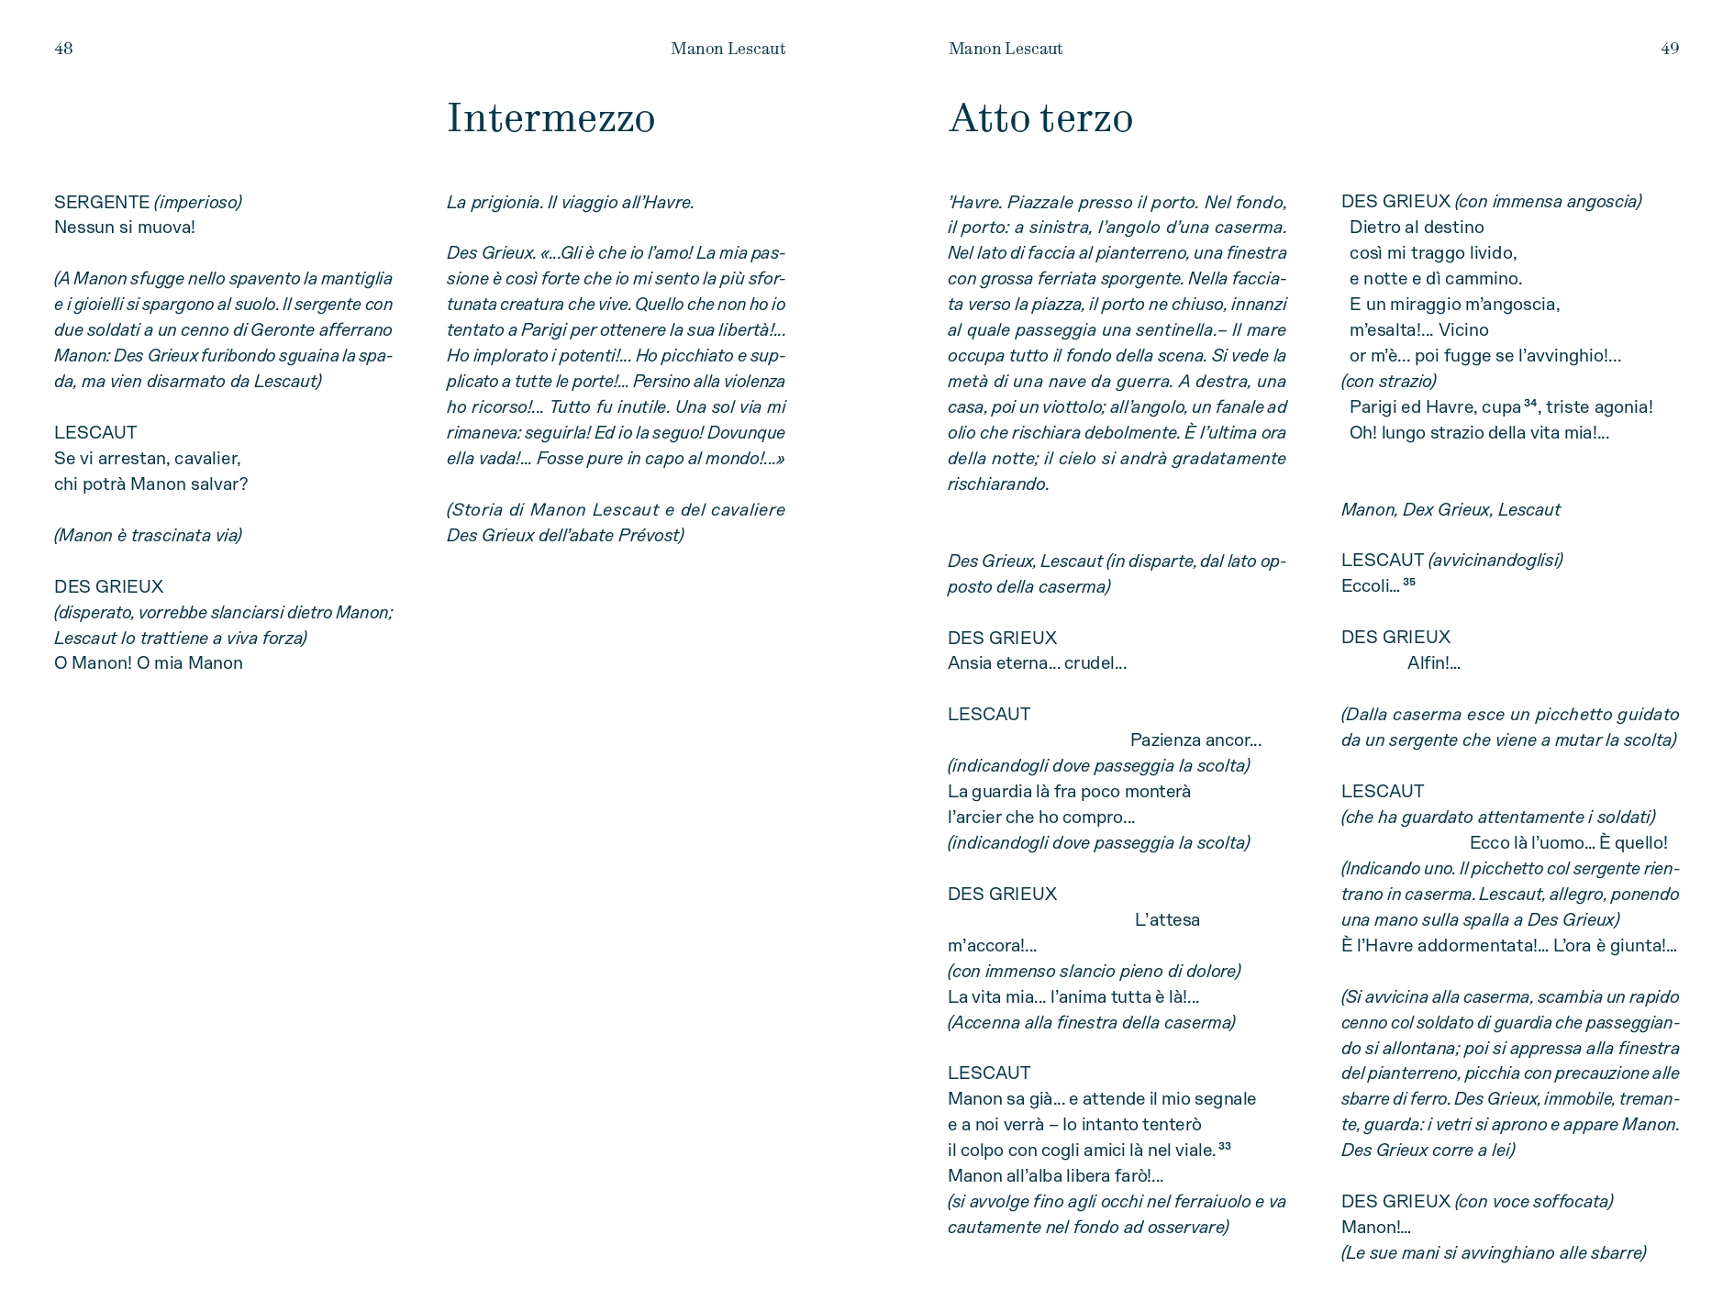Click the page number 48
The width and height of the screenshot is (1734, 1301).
point(63,49)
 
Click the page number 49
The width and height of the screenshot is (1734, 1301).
point(1669,49)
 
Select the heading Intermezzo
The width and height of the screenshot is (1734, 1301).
point(550,118)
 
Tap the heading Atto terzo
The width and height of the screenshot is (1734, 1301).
point(1040,118)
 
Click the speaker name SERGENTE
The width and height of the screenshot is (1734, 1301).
point(101,202)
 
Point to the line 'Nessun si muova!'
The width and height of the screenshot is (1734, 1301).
point(125,228)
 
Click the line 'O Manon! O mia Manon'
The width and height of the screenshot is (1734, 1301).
point(149,663)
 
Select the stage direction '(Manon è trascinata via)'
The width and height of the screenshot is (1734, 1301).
point(148,536)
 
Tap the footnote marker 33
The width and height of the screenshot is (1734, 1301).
point(1224,1146)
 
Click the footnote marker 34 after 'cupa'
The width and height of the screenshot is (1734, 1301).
point(1530,403)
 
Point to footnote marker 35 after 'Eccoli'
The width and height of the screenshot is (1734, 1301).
point(1409,582)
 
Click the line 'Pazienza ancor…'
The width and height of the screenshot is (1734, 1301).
point(1195,740)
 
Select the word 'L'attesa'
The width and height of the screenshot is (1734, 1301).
point(1167,920)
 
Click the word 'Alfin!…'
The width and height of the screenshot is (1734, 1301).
point(1433,663)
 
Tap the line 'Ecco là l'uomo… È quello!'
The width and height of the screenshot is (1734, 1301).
point(1568,843)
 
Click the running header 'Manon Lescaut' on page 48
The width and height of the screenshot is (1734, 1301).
point(728,49)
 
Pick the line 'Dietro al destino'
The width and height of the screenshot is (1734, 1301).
point(1417,228)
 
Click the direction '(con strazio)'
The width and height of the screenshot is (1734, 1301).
point(1388,382)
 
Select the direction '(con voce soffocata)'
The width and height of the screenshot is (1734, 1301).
point(1533,1202)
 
